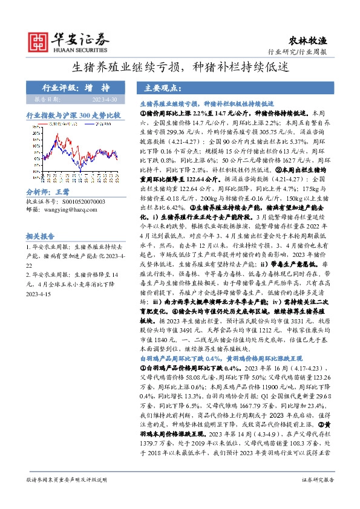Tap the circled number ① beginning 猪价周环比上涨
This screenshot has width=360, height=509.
coord(143,113)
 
